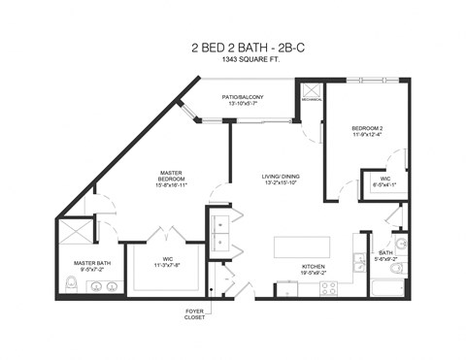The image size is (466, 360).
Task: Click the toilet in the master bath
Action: [71, 283]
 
